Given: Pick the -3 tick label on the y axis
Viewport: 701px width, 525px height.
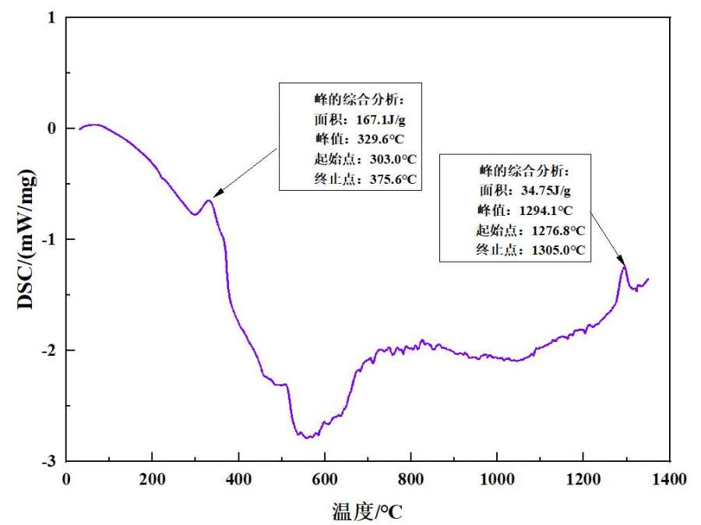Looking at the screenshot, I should coord(51,461).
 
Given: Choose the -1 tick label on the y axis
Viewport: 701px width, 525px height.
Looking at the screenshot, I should coord(51,239).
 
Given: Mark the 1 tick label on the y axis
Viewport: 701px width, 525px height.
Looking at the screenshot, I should coord(53,17).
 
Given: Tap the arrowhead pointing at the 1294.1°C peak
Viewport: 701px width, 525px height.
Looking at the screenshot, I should coord(622,263).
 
